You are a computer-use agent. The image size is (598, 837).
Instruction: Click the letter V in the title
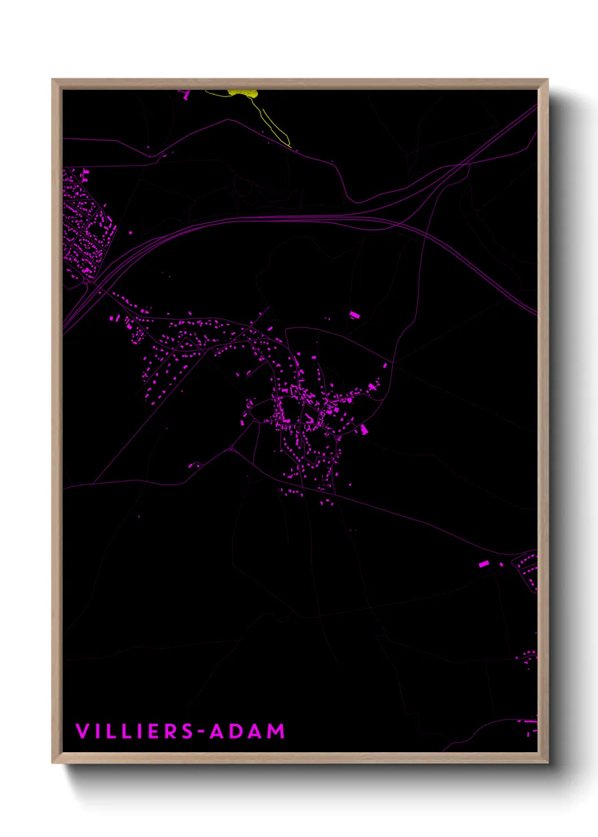[83, 731]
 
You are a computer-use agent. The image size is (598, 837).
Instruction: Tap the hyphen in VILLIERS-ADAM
[201, 732]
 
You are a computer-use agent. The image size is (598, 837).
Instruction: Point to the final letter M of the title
[276, 731]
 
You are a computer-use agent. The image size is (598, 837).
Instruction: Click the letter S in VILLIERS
[187, 731]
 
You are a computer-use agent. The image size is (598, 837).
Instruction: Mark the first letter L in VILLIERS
[110, 731]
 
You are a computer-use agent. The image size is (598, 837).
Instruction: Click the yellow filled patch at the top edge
[243, 92]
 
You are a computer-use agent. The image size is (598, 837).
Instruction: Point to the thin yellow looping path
[274, 127]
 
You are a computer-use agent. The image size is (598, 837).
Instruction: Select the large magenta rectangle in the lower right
[484, 563]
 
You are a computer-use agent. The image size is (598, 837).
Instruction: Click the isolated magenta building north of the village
[354, 314]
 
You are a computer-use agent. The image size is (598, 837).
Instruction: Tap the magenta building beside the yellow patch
[186, 96]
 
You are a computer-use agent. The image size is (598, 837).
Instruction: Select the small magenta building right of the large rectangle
[501, 564]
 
